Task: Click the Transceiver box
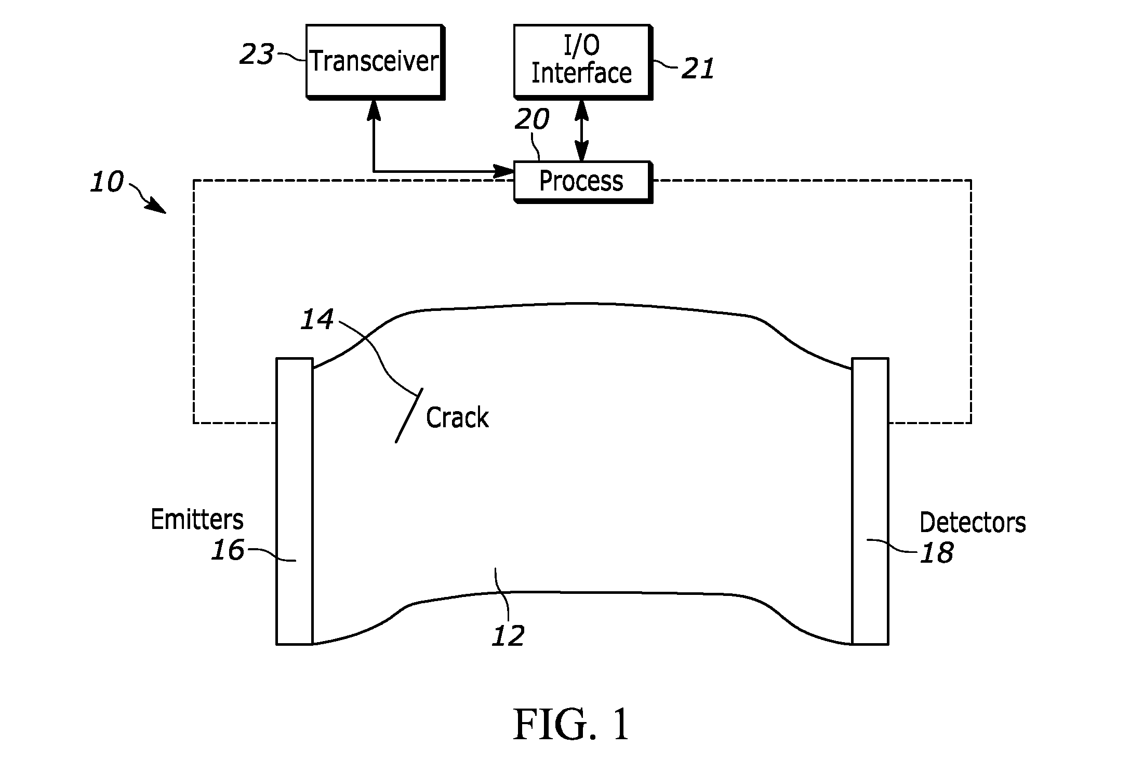coord(375,62)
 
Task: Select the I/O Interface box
coord(582,61)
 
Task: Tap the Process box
coord(582,181)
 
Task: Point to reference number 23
coord(257,54)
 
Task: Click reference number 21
coord(698,69)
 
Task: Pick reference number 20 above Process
coord(531,119)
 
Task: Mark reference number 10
coord(107,182)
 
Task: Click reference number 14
coord(317,320)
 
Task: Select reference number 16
coord(228,550)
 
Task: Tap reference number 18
coord(937,553)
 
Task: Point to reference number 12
coord(508,635)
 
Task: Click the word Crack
coord(457,417)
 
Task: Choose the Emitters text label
coord(197,519)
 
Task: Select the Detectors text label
coord(973,522)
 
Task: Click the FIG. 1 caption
coord(571,725)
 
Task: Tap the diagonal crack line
coord(409,415)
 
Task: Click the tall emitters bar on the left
coord(295,501)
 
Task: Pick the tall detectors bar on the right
coord(870,501)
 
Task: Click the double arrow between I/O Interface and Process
coord(581,130)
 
